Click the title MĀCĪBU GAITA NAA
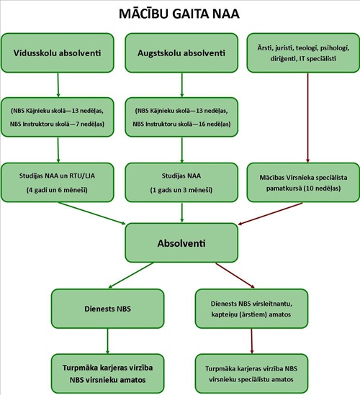point(179,14)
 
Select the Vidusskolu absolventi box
point(58,53)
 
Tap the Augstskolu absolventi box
point(181,53)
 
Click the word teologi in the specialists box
point(306,48)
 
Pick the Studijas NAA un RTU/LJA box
point(58,182)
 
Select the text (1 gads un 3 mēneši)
point(181,190)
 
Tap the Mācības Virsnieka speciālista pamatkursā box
point(303,182)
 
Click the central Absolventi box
point(181,243)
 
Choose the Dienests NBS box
point(108,309)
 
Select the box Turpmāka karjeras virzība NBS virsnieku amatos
point(108,373)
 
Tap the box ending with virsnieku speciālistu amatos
point(251,373)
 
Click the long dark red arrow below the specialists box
point(307,118)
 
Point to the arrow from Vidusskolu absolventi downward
point(58,85)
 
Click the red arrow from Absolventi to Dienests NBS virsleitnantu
point(235,276)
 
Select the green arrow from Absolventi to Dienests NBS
point(131,276)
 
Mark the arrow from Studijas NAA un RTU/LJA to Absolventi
point(92,213)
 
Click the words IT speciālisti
point(318,59)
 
